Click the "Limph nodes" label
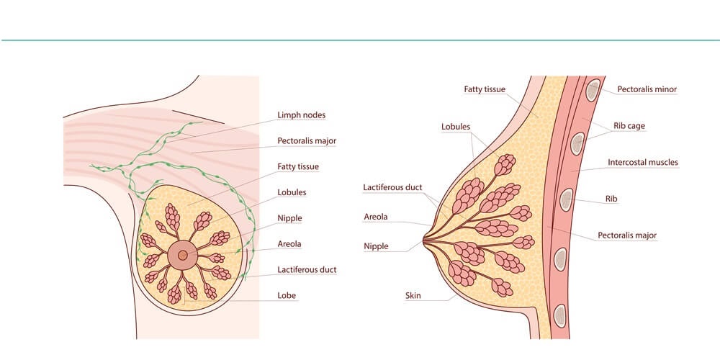[301, 114]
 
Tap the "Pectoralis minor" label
[647, 89]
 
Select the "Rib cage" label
[629, 125]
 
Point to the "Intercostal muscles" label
[643, 162]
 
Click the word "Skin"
[413, 295]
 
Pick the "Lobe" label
[287, 295]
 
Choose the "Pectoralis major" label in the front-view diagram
[307, 140]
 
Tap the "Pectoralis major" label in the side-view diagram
[627, 235]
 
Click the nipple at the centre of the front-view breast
[183, 254]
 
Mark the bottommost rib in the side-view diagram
[559, 316]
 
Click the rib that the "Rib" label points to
[567, 199]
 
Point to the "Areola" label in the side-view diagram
[376, 216]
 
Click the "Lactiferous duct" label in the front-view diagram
[307, 269]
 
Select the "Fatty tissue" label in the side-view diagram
[485, 89]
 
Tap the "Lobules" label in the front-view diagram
[292, 192]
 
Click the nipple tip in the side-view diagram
[423, 240]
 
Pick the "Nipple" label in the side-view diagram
[376, 246]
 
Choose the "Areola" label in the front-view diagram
[289, 244]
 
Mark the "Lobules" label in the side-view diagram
[456, 126]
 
